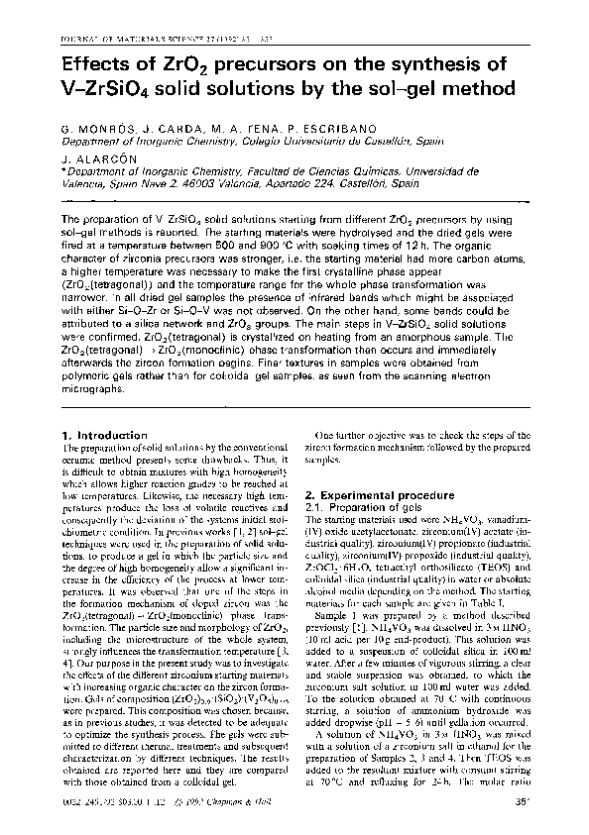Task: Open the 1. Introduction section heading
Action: (105, 434)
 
